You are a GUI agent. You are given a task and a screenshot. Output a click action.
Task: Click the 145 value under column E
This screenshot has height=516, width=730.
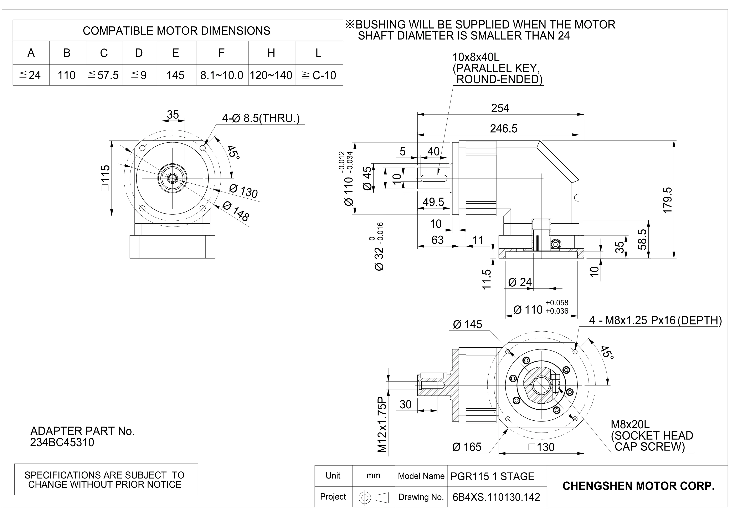[175, 75]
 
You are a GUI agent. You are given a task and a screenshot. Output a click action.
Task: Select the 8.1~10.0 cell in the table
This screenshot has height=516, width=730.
[222, 75]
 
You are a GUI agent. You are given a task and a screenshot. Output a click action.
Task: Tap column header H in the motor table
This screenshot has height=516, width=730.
[271, 53]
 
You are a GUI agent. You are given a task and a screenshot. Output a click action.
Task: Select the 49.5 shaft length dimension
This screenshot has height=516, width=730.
[433, 202]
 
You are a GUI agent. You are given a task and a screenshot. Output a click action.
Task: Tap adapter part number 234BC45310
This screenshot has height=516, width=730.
[62, 443]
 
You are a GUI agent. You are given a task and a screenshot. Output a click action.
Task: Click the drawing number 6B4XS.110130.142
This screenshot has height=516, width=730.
[496, 497]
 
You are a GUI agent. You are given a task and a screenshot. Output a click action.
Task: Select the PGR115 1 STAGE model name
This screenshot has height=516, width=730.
[492, 476]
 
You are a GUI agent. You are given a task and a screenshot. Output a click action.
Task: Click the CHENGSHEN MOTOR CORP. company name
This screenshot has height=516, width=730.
[638, 486]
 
